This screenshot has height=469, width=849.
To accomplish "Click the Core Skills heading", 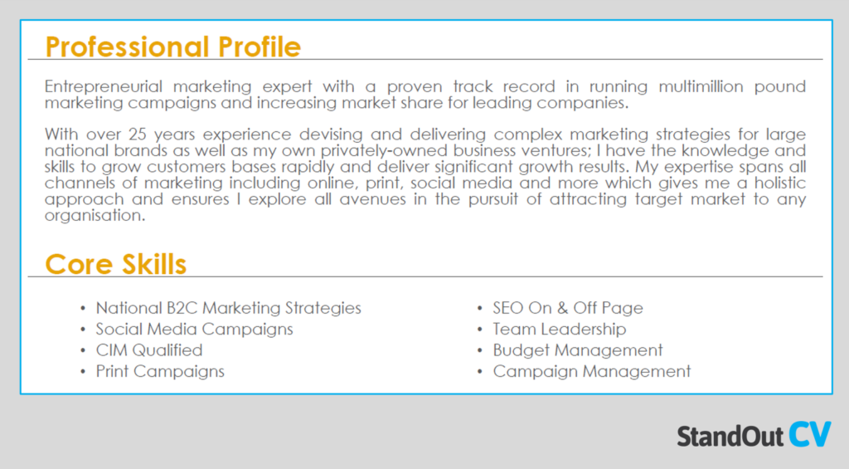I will pyautogui.click(x=115, y=264).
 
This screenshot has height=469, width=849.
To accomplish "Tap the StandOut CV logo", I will pyautogui.click(x=753, y=435).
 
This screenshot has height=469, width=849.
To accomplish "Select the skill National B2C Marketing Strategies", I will pyautogui.click(x=228, y=308).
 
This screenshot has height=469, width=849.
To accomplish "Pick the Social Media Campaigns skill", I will pyautogui.click(x=194, y=329).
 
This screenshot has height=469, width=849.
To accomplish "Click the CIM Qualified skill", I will pyautogui.click(x=148, y=350).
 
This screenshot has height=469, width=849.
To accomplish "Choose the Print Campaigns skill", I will pyautogui.click(x=159, y=371).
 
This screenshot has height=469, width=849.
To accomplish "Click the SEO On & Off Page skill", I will pyautogui.click(x=567, y=308).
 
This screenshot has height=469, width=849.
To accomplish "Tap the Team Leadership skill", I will pyautogui.click(x=559, y=329).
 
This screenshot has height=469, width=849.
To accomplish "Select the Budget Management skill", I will pyautogui.click(x=577, y=350).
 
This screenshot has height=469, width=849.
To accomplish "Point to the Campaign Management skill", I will pyautogui.click(x=591, y=371).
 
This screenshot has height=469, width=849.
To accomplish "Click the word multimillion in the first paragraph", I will pyautogui.click(x=692, y=86).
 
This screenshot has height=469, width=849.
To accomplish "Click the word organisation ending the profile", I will pyautogui.click(x=95, y=215).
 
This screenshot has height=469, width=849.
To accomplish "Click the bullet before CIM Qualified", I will pyautogui.click(x=83, y=350).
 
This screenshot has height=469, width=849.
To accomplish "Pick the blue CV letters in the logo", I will pyautogui.click(x=809, y=434).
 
